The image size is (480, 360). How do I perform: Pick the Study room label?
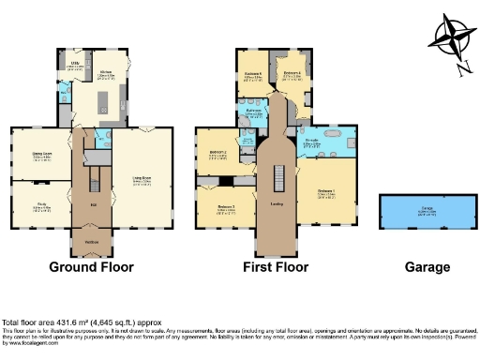click(x=40, y=205)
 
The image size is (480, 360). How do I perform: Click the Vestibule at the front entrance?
click(x=91, y=242)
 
